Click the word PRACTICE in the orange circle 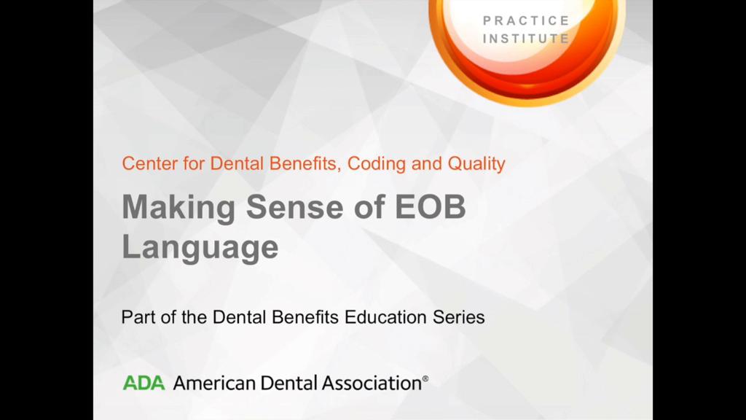[526, 20]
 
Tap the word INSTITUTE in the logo [526, 38]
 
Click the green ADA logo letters [144, 383]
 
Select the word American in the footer [214, 383]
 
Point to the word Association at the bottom [372, 383]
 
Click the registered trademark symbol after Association [425, 379]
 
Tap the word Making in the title [179, 208]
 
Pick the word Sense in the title [294, 206]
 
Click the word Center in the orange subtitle [150, 163]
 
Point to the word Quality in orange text [476, 164]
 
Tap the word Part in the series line [138, 317]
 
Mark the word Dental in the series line [239, 317]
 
